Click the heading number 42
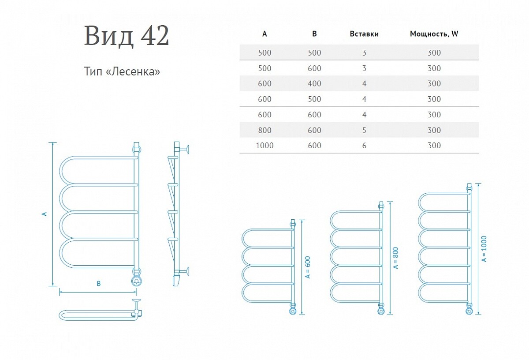[155, 36]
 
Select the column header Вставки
[364, 34]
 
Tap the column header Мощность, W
[434, 34]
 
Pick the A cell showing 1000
[264, 146]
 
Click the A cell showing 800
[264, 130]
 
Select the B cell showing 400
[314, 83]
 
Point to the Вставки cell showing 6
[364, 146]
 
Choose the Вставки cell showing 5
[364, 130]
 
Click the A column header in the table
[264, 34]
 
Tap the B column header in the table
[314, 34]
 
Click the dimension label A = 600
[308, 267]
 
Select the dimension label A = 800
[396, 258]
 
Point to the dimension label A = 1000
[484, 249]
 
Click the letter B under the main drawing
[99, 283]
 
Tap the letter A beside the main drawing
[44, 214]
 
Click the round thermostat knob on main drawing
[137, 281]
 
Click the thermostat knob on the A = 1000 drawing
[469, 311]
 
